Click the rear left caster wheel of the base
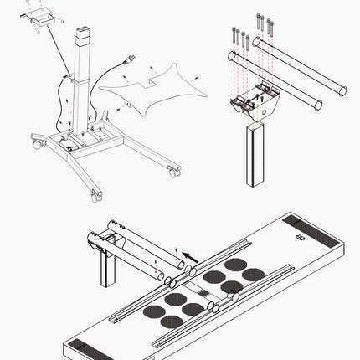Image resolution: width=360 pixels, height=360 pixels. (x=36, y=145)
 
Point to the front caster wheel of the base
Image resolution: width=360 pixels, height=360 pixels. (x=94, y=195)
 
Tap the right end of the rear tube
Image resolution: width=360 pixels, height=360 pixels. (x=339, y=88)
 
